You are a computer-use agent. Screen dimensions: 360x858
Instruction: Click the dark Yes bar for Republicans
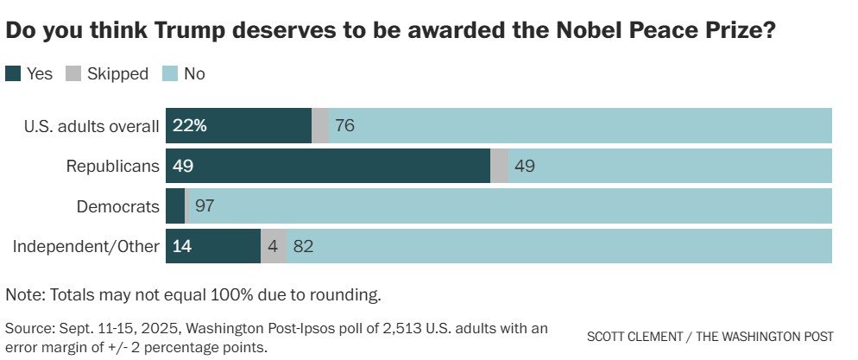click(328, 166)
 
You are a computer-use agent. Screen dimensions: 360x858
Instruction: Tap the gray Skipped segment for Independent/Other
click(273, 246)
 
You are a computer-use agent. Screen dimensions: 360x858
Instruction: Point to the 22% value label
click(190, 126)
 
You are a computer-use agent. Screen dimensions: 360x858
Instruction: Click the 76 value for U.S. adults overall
click(345, 126)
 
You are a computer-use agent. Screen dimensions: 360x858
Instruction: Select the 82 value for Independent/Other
click(302, 246)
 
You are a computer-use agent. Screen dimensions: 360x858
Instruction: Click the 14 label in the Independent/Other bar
click(182, 246)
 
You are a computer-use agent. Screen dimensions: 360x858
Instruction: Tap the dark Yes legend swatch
click(13, 74)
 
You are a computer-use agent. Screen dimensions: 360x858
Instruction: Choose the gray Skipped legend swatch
click(73, 74)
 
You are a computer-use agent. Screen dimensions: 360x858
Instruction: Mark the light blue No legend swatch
click(169, 74)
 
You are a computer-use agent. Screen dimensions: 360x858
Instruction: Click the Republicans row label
click(113, 166)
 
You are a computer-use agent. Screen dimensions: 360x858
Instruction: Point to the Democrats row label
click(117, 206)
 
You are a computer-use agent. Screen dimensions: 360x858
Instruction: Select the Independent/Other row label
click(85, 246)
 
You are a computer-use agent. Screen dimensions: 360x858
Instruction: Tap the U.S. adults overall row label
click(91, 126)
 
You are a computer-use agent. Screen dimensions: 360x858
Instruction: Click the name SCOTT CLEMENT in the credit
click(634, 335)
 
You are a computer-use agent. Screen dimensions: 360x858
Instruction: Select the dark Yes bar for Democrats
click(175, 206)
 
